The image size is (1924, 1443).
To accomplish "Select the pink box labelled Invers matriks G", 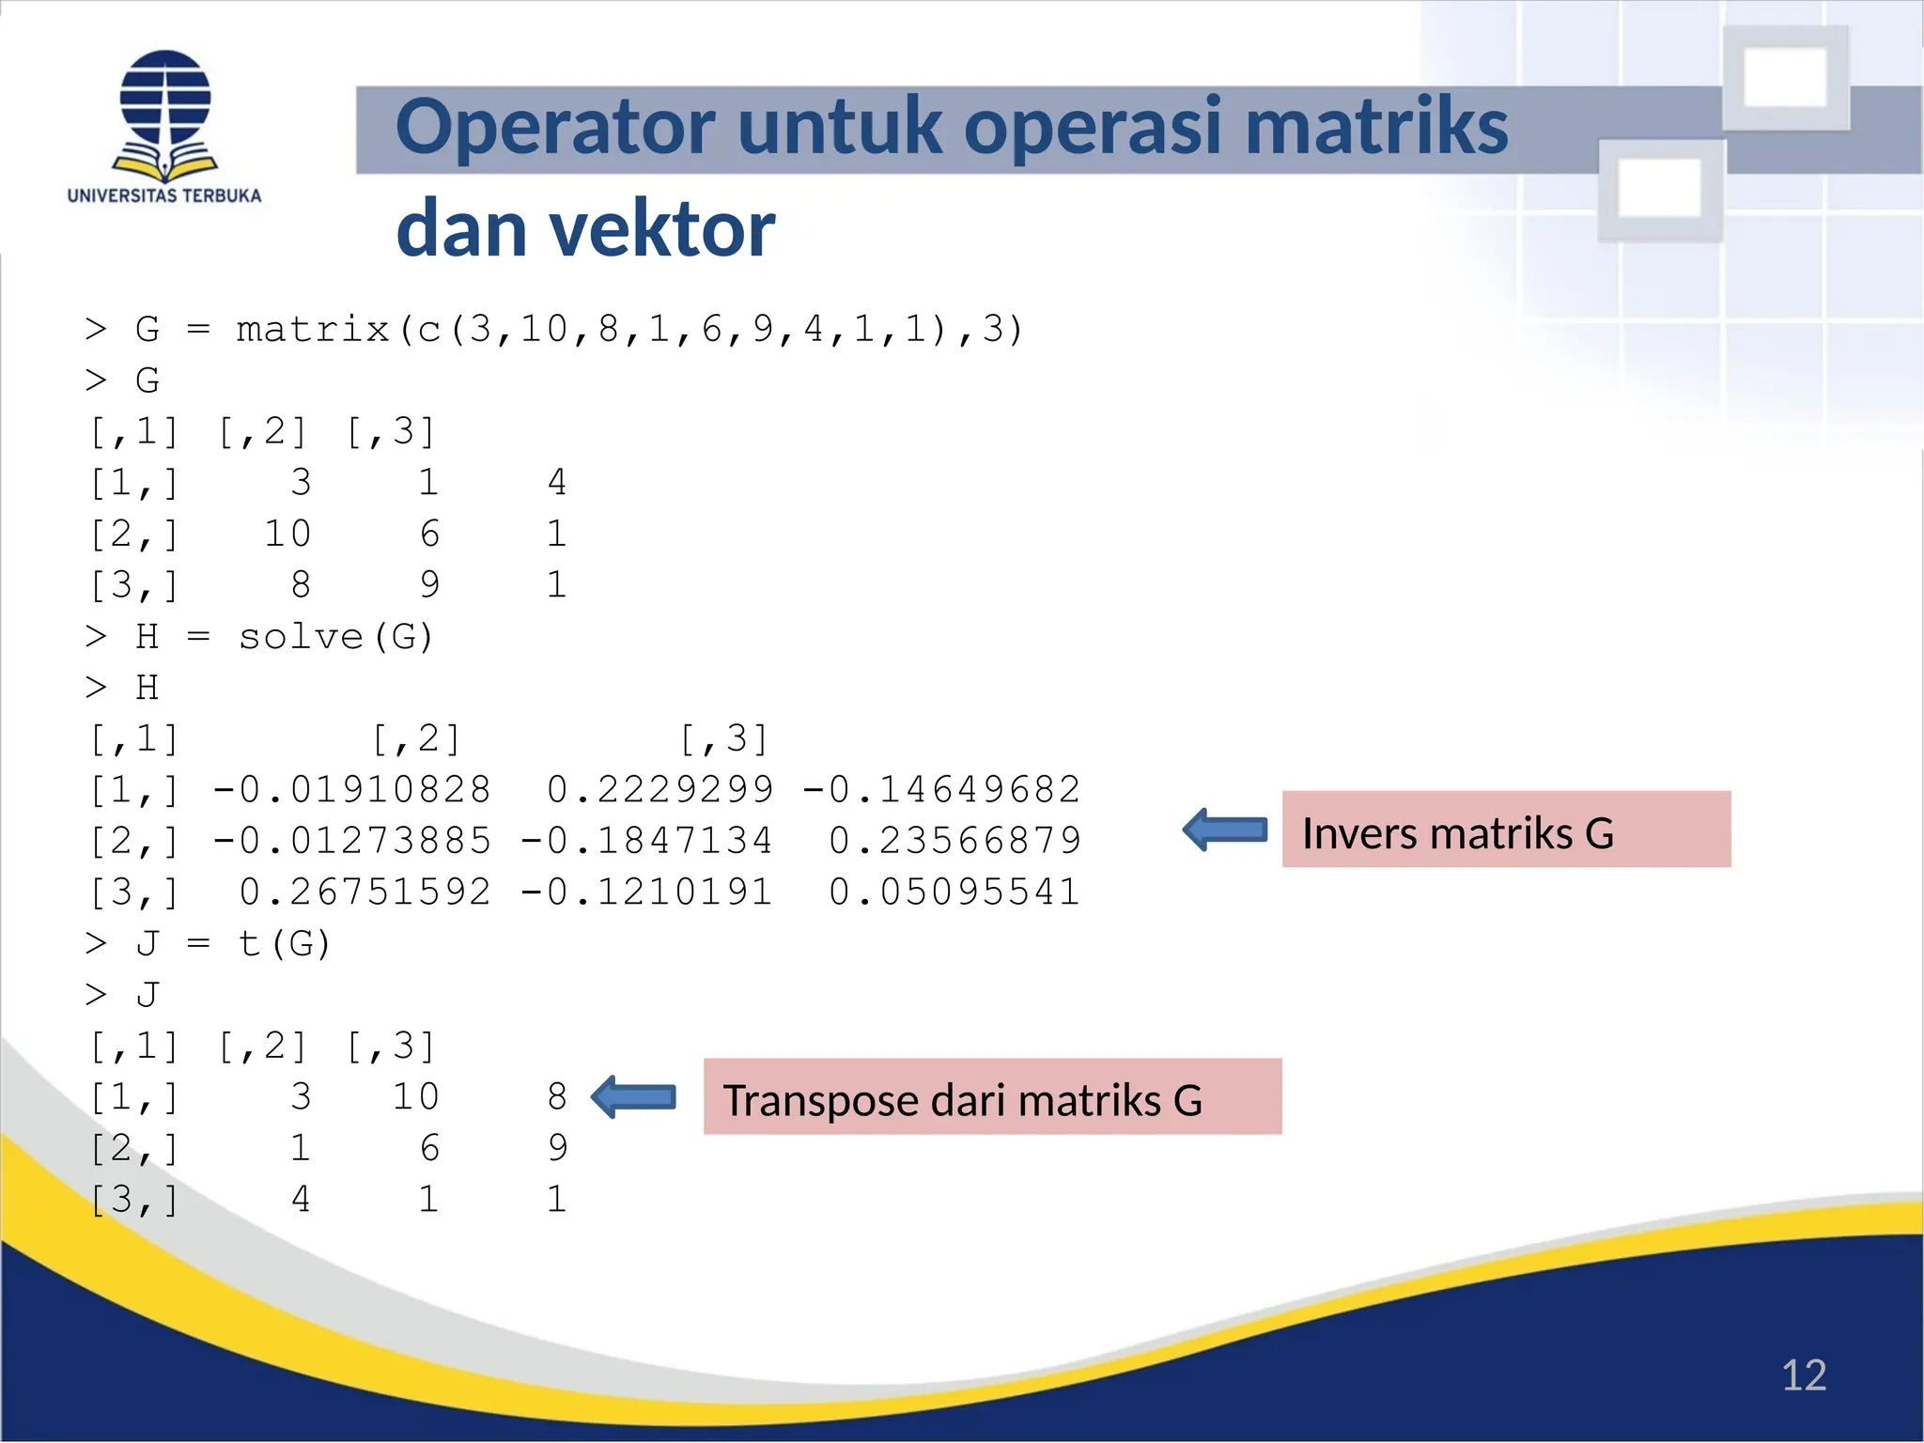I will [1505, 830].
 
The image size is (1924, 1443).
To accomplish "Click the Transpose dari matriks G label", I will [991, 1097].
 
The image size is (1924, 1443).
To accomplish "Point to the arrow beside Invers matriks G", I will [1225, 830].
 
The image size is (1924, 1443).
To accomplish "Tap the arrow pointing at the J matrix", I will [634, 1097].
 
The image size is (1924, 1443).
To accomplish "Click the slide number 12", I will [1803, 1375].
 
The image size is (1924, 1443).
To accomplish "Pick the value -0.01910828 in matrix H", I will [351, 790].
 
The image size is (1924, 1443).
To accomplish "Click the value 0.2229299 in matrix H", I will [660, 790].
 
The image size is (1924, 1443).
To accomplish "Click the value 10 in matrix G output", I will [287, 535].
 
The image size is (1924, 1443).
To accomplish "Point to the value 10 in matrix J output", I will [415, 1097].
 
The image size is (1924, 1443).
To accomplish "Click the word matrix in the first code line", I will [313, 330].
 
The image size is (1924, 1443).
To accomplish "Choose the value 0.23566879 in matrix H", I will [954, 841].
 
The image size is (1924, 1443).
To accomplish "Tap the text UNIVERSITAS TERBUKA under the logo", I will [164, 196].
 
